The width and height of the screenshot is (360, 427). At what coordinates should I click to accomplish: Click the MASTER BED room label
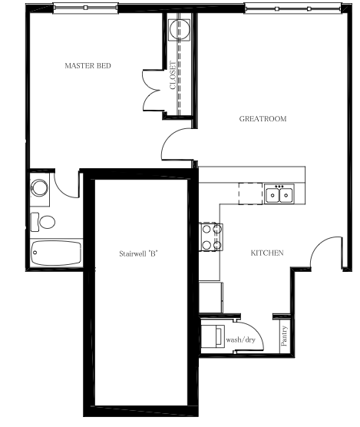click(x=88, y=65)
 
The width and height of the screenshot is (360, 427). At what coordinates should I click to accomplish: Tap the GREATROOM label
click(x=263, y=119)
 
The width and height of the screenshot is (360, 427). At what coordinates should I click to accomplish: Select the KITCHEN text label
click(x=267, y=253)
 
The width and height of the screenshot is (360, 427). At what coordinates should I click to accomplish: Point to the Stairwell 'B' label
click(x=139, y=253)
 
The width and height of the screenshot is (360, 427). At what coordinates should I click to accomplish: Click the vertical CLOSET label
click(x=173, y=75)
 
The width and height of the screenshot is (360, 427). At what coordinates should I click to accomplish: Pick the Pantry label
click(x=284, y=336)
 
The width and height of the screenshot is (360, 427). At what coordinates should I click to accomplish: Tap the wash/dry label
click(x=240, y=340)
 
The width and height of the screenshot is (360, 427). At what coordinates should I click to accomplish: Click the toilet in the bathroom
click(x=43, y=222)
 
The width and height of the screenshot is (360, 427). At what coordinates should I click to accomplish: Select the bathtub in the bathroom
click(x=56, y=253)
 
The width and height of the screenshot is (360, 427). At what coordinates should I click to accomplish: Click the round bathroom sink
click(x=39, y=187)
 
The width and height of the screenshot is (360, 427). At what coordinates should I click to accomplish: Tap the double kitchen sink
click(x=279, y=194)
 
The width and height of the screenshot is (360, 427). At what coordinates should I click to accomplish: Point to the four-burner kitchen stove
click(x=211, y=237)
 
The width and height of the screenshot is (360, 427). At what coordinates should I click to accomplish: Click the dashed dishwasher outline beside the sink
click(x=250, y=194)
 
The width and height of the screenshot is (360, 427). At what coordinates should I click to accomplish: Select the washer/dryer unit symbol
click(x=213, y=336)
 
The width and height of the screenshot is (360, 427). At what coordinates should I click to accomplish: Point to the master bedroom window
click(x=85, y=8)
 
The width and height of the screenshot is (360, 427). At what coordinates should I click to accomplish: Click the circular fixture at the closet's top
click(x=179, y=30)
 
